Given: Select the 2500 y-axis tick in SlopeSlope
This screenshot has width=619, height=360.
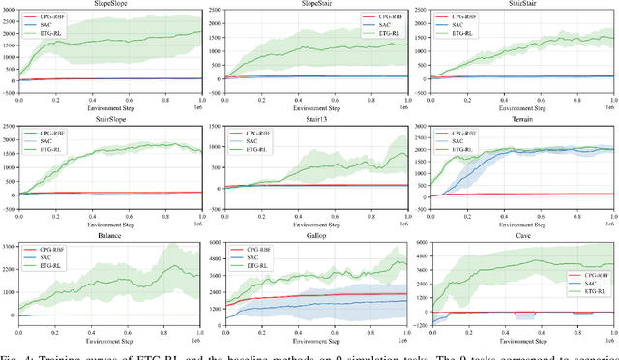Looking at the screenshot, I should click(10, 15).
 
